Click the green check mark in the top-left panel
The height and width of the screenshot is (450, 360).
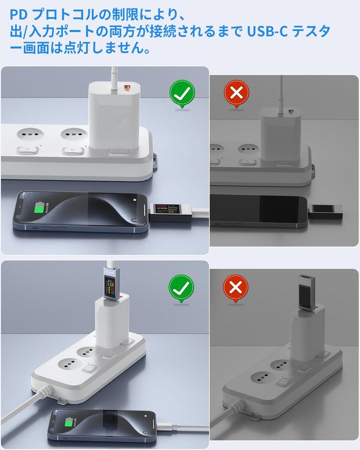pyautogui.click(x=182, y=93)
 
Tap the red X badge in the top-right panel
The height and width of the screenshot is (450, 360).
pyautogui.click(x=236, y=93)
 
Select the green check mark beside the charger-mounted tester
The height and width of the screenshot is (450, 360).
pyautogui.click(x=181, y=288)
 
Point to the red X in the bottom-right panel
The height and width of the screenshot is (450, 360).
pyautogui.click(x=236, y=288)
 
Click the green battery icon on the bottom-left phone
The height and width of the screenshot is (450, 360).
pyautogui.click(x=69, y=423)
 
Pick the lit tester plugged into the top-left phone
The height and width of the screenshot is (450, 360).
pyautogui.click(x=170, y=212)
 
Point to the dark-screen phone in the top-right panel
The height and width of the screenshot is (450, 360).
pyautogui.click(x=259, y=211)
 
